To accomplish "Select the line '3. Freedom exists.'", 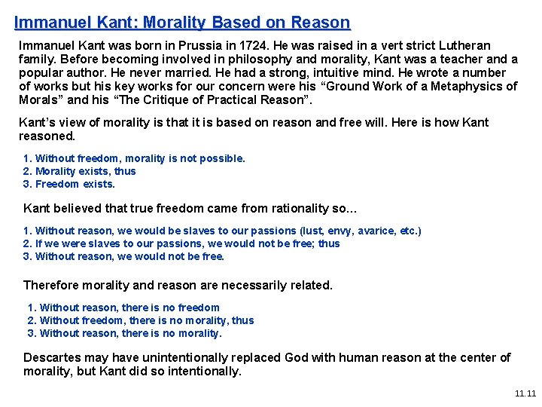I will click(69, 184).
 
